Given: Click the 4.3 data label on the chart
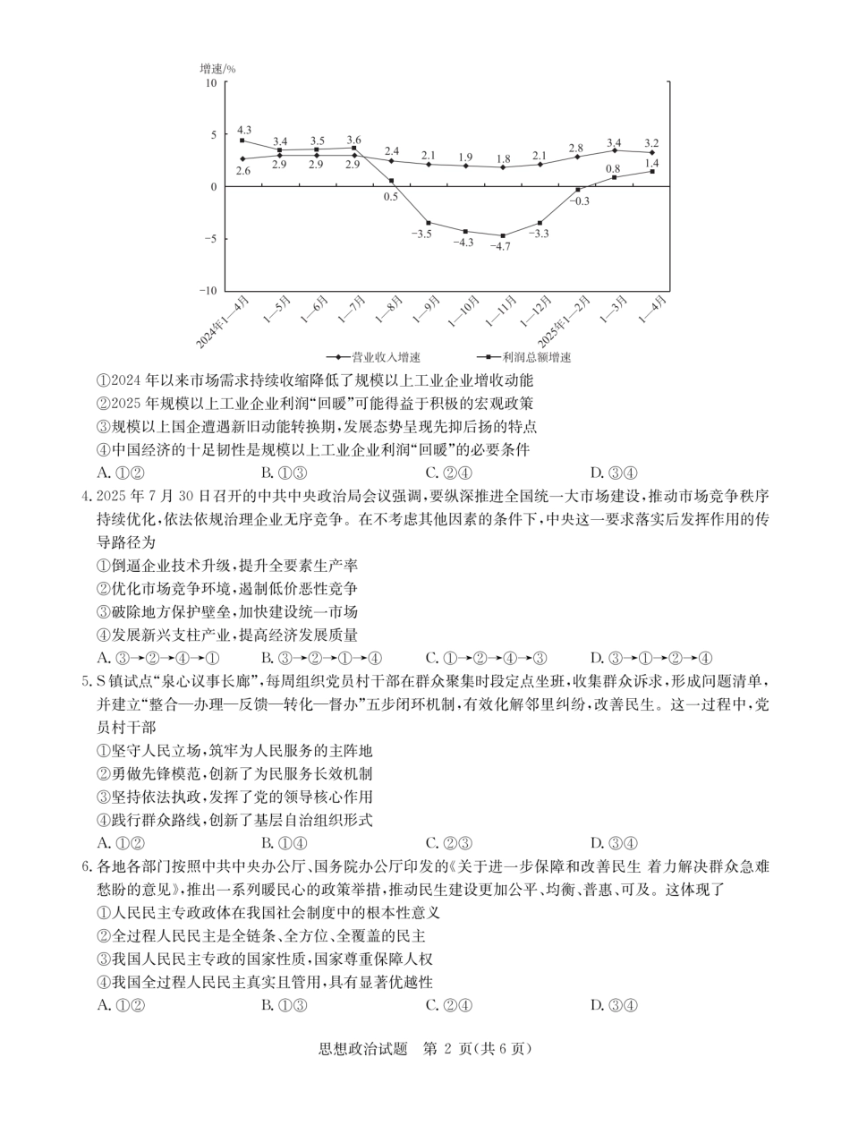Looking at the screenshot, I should tap(243, 130).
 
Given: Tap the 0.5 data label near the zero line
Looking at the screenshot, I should tap(391, 196).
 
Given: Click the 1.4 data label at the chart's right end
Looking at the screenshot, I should tap(651, 163).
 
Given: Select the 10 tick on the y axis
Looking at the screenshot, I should tap(211, 83).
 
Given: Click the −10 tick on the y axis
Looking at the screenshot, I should tap(208, 291).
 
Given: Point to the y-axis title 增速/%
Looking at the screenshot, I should tap(217, 68).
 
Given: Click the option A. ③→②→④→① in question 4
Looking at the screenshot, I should tap(157, 658).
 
